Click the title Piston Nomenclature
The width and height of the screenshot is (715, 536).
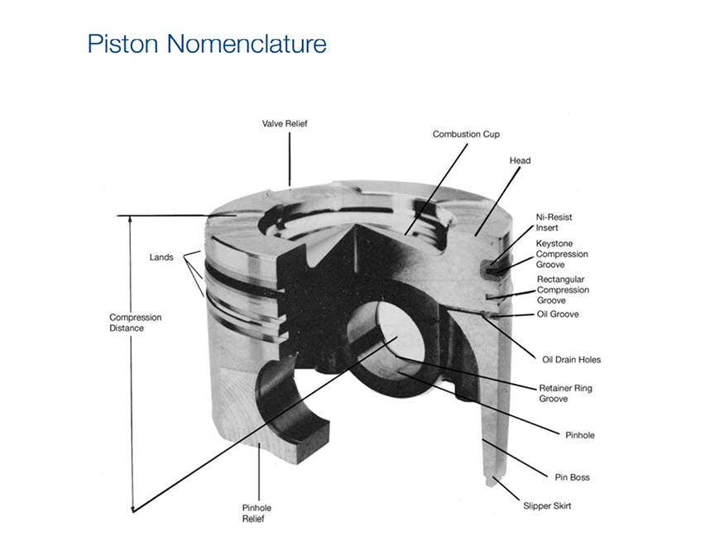(x=207, y=44)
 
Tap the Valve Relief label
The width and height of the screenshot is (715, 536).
(x=285, y=123)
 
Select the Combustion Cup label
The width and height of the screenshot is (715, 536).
(x=466, y=135)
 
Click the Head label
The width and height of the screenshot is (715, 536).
(x=520, y=160)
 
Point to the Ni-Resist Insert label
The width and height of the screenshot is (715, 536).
(x=554, y=223)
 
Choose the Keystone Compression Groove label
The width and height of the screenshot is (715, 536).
(x=562, y=254)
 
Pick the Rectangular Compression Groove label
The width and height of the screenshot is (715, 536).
(x=563, y=290)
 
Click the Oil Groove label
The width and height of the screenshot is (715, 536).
(x=558, y=314)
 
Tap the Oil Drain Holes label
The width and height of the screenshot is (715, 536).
(x=571, y=360)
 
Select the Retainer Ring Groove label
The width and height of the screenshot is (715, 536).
(x=565, y=394)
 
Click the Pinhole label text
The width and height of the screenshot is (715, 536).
(x=580, y=435)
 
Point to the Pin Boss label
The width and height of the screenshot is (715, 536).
(x=573, y=477)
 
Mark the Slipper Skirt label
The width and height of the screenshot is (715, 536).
(x=547, y=505)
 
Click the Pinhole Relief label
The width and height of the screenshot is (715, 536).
(x=257, y=513)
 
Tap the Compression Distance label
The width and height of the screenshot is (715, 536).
(x=136, y=323)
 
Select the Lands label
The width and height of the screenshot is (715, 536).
(x=161, y=257)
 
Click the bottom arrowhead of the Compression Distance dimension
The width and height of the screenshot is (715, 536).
(x=132, y=509)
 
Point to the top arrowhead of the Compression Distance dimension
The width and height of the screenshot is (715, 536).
(x=130, y=219)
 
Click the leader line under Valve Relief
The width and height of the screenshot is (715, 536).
(x=289, y=159)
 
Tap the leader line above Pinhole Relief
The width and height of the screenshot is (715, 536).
(x=259, y=471)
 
